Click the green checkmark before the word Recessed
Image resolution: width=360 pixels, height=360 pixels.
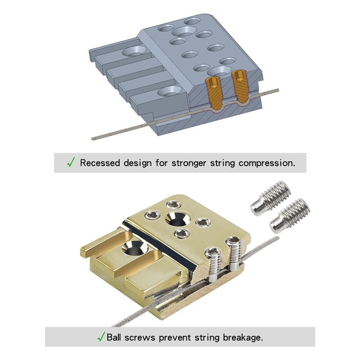(71, 162)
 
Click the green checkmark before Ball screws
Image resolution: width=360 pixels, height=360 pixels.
(101, 336)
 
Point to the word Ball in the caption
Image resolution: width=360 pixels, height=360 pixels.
(115, 337)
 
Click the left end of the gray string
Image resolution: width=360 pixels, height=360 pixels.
(94, 137)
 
